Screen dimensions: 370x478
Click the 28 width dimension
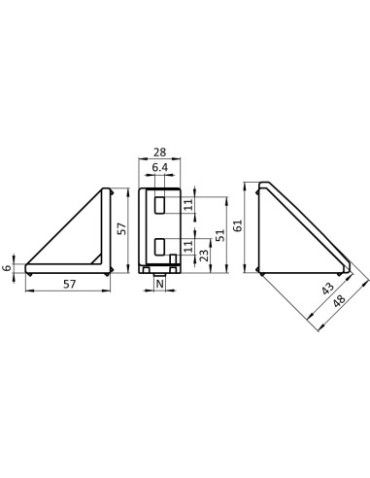point(159,152)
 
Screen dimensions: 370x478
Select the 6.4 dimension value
point(160,168)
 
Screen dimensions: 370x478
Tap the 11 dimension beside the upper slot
point(188,205)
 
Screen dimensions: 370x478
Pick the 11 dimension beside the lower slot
point(188,247)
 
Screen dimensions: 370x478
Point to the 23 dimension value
point(204,256)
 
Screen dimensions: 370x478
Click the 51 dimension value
point(220,235)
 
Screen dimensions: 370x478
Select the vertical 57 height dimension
point(121,228)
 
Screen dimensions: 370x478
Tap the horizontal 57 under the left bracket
point(70,285)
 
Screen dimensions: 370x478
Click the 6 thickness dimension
point(7,268)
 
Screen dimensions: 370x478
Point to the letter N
point(160,284)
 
